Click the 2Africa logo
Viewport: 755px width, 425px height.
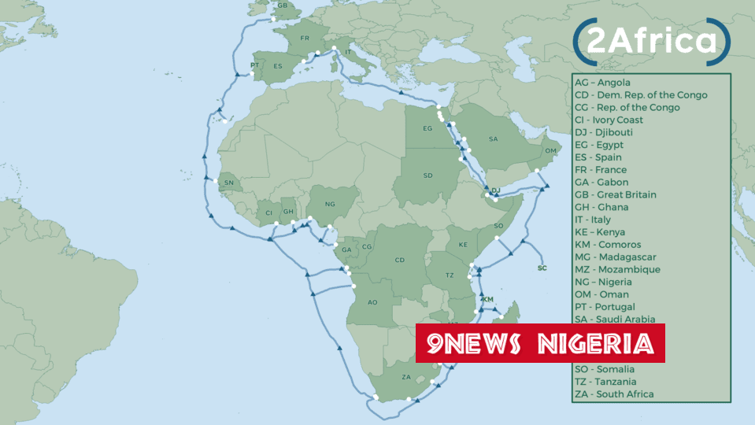point(651,42)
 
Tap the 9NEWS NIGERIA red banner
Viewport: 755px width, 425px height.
point(540,343)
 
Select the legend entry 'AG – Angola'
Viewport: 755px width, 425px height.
point(602,83)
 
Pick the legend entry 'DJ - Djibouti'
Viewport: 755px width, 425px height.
point(603,132)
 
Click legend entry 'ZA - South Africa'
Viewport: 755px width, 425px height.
point(614,394)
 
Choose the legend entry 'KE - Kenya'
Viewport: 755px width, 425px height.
point(600,232)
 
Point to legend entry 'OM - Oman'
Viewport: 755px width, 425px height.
point(601,294)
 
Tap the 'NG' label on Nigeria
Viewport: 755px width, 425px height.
point(330,205)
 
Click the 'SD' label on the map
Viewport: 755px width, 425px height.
point(427,176)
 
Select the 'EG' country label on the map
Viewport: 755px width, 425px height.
point(427,128)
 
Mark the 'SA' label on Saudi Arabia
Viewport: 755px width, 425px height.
point(493,139)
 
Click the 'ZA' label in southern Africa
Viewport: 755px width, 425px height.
point(406,377)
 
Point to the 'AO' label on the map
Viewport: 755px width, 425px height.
point(373,302)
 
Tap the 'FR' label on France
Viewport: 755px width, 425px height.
point(305,39)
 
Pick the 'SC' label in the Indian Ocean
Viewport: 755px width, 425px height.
point(542,268)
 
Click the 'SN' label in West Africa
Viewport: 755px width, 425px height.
point(229,183)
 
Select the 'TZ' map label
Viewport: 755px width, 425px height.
point(450,275)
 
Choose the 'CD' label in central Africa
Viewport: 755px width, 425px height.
point(399,260)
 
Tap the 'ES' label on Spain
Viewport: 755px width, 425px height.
point(277,67)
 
